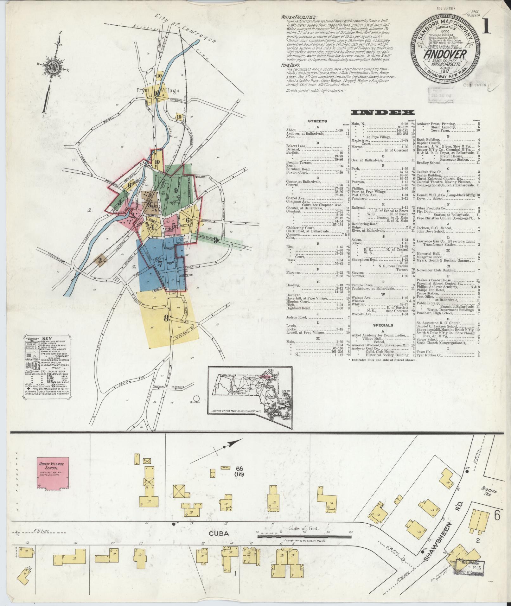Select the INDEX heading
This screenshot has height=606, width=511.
tap(383, 112)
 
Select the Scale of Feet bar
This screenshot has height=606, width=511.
tap(304, 533)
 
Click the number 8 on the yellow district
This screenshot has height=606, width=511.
tap(166, 319)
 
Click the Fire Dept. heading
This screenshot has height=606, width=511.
tap(289, 65)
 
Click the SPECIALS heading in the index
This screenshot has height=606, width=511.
tap(383, 325)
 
